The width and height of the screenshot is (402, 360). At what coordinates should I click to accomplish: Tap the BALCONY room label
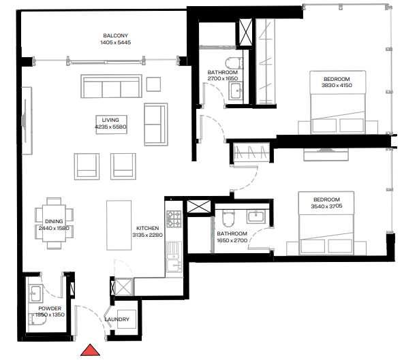click(115, 35)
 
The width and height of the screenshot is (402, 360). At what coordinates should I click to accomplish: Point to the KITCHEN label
click(147, 229)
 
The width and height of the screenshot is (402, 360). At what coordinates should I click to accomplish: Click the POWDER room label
click(50, 308)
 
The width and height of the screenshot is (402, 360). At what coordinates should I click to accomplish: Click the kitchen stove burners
click(172, 220)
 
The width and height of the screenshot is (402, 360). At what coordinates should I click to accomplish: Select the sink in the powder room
click(36, 293)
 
